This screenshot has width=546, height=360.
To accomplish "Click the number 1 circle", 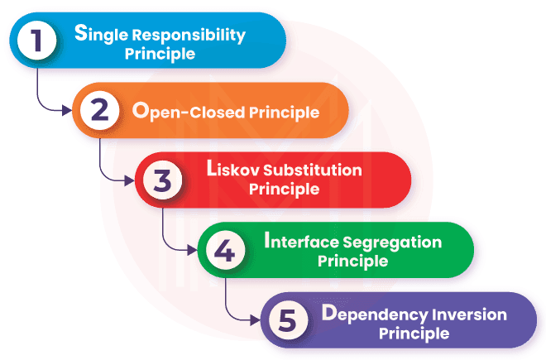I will click(x=36, y=42).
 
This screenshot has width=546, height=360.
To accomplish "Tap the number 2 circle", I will click(x=98, y=111).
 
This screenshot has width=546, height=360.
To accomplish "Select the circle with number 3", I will click(x=162, y=180).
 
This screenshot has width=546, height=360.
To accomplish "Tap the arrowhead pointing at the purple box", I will click(x=257, y=318).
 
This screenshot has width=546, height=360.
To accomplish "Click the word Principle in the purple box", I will click(x=414, y=334).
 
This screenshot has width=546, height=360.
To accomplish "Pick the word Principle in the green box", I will click(x=353, y=261).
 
